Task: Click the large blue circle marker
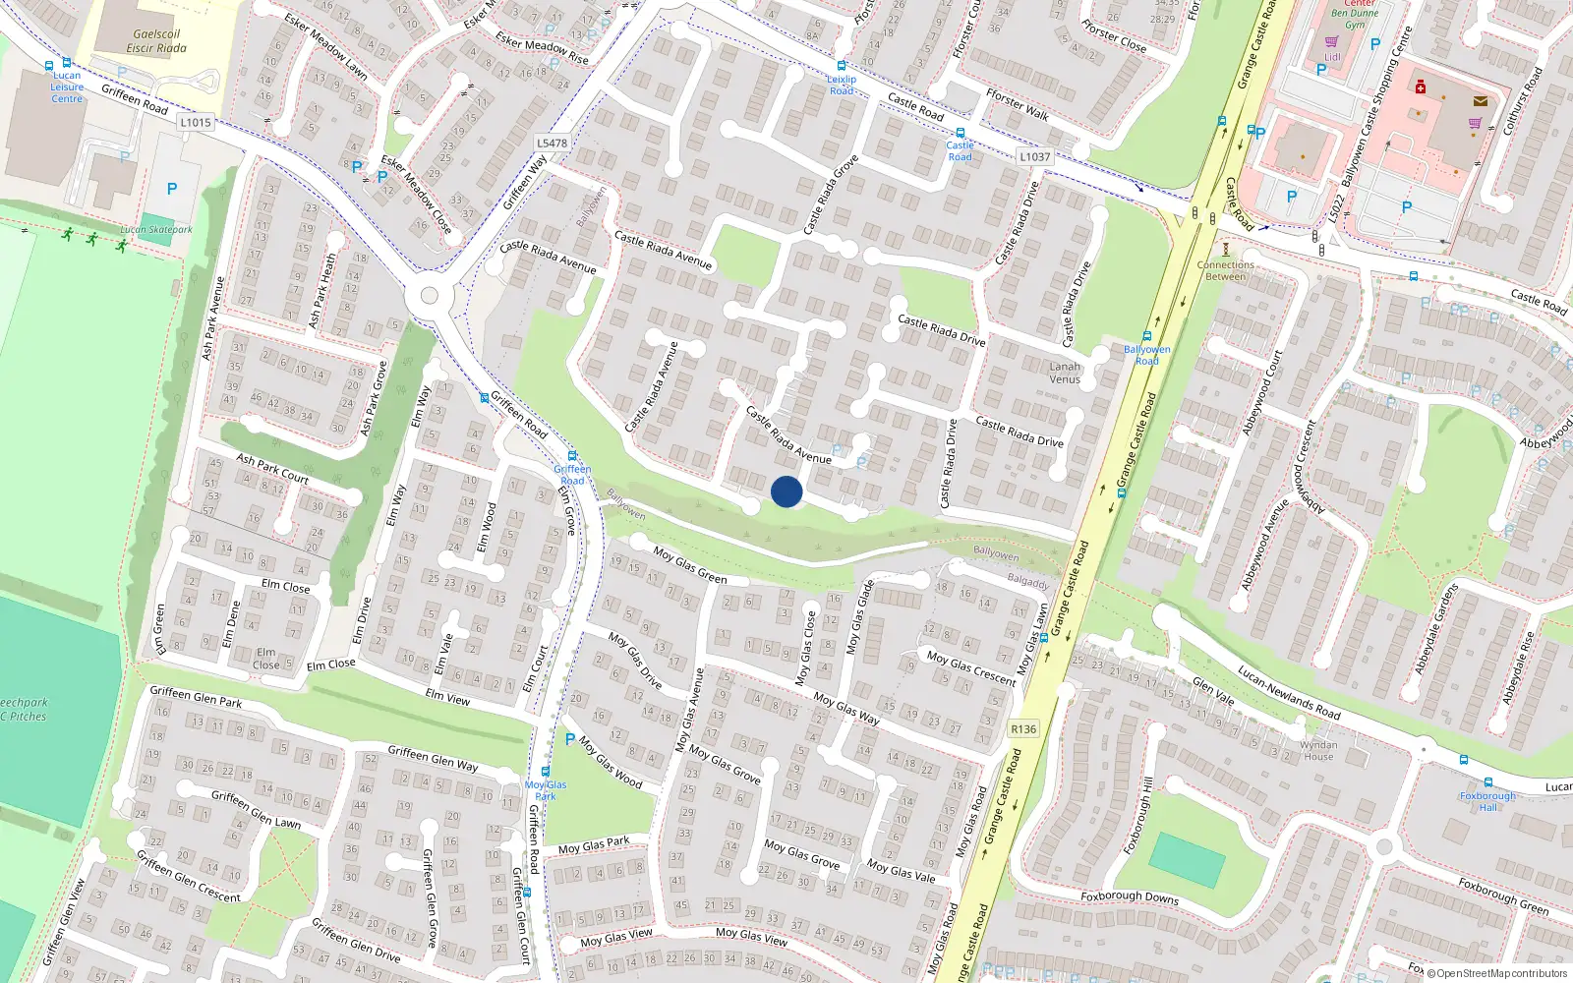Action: (786, 491)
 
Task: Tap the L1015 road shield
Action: (196, 123)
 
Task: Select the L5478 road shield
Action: (552, 143)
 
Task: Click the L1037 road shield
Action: (1034, 156)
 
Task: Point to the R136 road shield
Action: (1023, 728)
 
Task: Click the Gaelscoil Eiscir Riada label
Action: (156, 40)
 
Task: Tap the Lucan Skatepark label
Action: (156, 229)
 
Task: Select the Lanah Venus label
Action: (1065, 373)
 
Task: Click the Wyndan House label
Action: (1318, 751)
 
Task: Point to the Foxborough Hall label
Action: (1487, 801)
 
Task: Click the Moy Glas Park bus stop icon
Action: (546, 772)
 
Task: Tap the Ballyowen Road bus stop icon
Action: (1146, 337)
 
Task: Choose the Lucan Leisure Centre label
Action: (67, 87)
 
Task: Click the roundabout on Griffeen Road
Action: (429, 295)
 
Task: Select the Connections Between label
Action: (1225, 270)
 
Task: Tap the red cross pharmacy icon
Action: (1420, 87)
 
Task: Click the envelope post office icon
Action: (1480, 100)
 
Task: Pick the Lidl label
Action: (1332, 57)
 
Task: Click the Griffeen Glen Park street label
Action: (196, 696)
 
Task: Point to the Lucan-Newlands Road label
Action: (1289, 692)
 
